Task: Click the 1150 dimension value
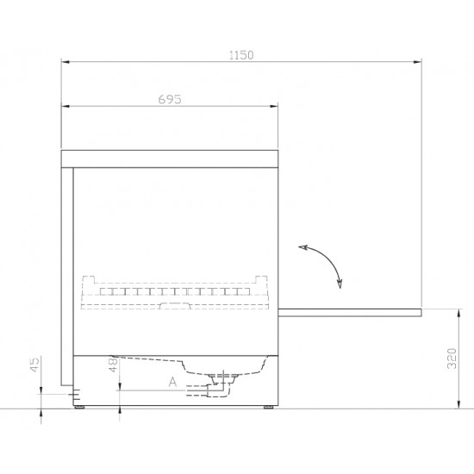241,55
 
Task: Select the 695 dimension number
170,99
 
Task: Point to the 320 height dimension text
452,359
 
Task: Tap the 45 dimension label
35,365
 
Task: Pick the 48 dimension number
113,365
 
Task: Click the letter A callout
172,382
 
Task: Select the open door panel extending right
349,313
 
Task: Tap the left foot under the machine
80,407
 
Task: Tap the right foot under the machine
268,407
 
